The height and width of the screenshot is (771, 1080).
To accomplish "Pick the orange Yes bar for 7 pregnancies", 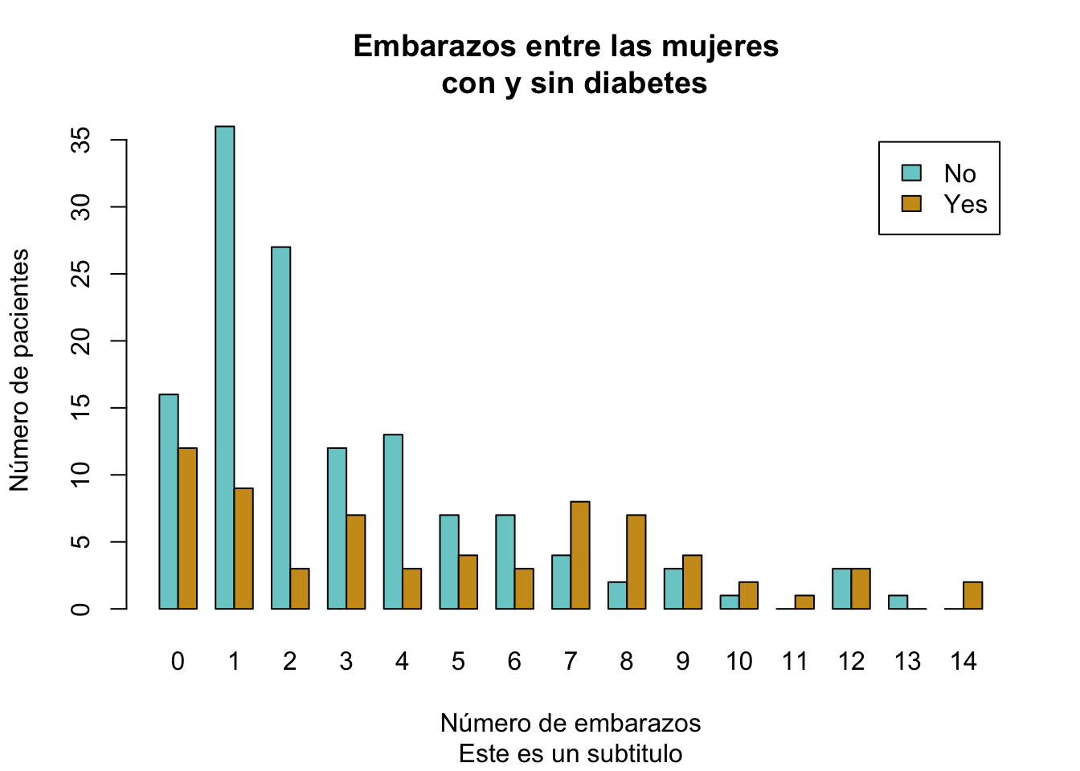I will pos(580,555).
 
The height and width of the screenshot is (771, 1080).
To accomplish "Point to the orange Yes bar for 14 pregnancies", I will pos(972,595).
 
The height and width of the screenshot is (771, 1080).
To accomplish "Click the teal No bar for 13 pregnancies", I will pos(898,602).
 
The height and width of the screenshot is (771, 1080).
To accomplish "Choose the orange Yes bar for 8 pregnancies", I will pos(636,562).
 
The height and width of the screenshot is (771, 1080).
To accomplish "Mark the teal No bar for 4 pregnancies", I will pos(393,522).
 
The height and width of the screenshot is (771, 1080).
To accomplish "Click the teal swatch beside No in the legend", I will pos(911,173).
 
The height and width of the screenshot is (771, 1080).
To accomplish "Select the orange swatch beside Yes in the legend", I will pos(911,203).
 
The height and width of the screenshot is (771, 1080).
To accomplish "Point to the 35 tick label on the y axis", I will pos(80,141).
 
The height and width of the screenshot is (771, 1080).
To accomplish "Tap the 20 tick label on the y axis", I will pos(80,341).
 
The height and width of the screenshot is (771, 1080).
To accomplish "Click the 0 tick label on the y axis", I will pos(80,609).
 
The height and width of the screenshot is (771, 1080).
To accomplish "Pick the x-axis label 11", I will pos(795,661).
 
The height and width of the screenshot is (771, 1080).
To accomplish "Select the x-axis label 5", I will pos(458,661).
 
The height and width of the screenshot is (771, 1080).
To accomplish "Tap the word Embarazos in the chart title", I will pos(434,47).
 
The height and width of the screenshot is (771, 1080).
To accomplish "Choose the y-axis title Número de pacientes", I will pos(19,369).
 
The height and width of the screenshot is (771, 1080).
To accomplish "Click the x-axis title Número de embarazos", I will pos(571,723).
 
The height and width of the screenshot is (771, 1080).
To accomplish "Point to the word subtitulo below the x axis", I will pos(635,754).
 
